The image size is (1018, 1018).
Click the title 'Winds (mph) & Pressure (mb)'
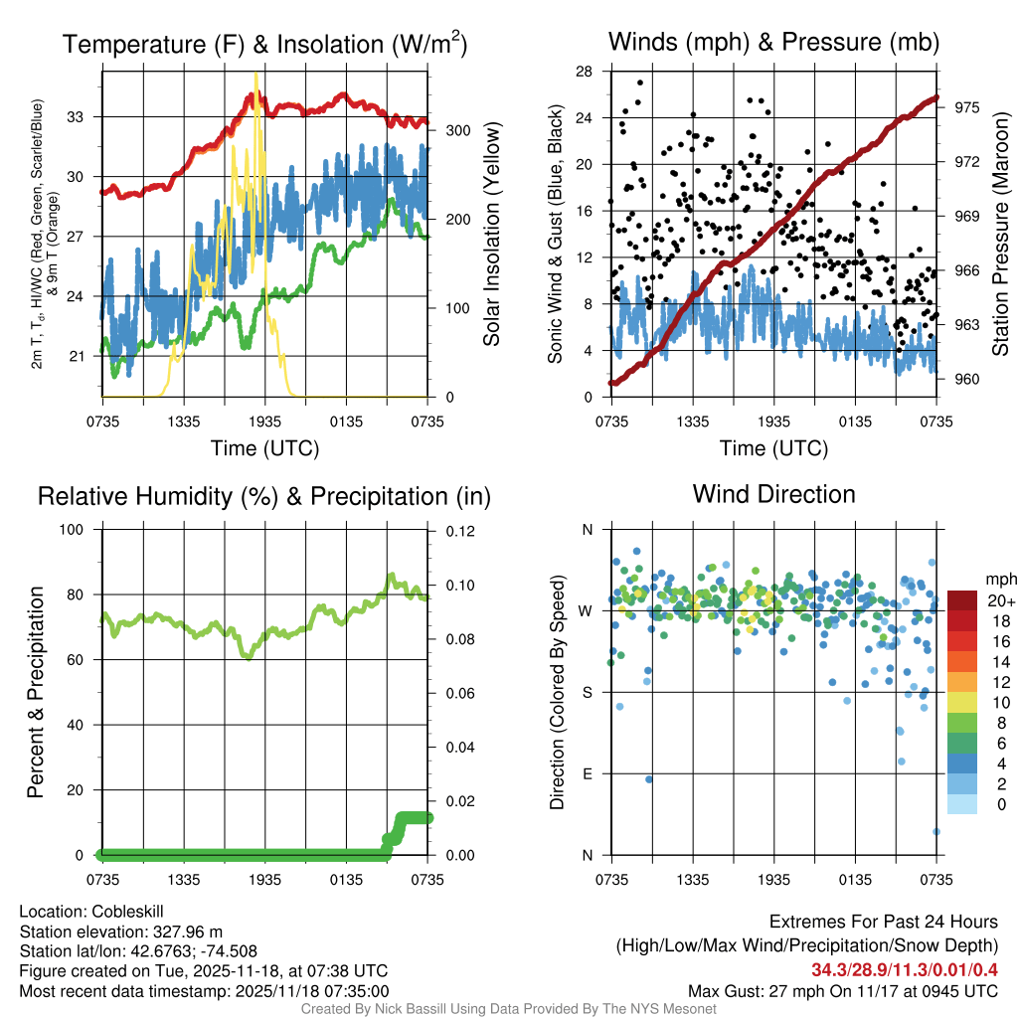pyautogui.click(x=773, y=42)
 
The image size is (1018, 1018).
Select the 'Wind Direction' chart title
pyautogui.click(x=773, y=494)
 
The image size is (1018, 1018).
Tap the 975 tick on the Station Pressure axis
pyautogui.click(x=967, y=107)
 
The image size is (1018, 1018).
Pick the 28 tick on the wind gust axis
pyautogui.click(x=586, y=72)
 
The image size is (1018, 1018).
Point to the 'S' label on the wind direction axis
pyautogui.click(x=586, y=693)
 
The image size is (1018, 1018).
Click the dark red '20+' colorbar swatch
pyautogui.click(x=962, y=600)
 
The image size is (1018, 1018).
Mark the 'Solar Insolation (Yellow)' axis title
pyautogui.click(x=491, y=235)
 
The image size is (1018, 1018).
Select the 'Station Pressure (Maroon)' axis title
pyautogui.click(x=1001, y=234)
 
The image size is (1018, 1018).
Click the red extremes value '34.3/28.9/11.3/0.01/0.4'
pyautogui.click(x=905, y=970)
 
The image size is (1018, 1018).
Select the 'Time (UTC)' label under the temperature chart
pyautogui.click(x=264, y=448)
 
